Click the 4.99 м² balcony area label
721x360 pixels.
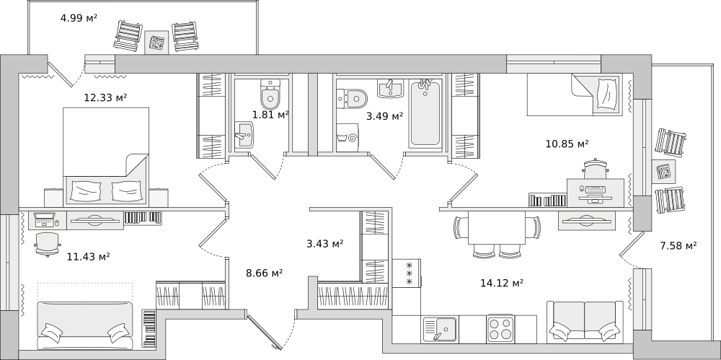[x=79, y=18]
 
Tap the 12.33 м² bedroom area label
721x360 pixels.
[x=105, y=97]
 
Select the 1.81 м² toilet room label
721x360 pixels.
[x=270, y=115]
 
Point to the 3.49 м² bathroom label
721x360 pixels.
[x=384, y=116]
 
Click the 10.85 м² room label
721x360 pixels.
[x=567, y=144]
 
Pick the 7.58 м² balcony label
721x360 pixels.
[x=678, y=245]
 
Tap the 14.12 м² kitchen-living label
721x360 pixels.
[x=502, y=283]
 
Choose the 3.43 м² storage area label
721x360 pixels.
[x=325, y=244]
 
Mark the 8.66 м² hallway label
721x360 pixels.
[x=265, y=273]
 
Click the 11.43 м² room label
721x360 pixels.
[x=88, y=256]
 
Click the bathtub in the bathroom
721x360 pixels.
[x=425, y=113]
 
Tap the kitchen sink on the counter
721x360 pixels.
[x=440, y=330]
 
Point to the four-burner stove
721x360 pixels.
[x=500, y=329]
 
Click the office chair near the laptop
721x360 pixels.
[x=48, y=244]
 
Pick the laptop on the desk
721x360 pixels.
[x=45, y=219]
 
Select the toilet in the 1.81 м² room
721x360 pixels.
[x=270, y=93]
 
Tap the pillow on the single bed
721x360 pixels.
[x=607, y=95]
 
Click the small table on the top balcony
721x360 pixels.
[x=156, y=43]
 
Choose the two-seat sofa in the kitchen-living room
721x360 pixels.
[x=585, y=322]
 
